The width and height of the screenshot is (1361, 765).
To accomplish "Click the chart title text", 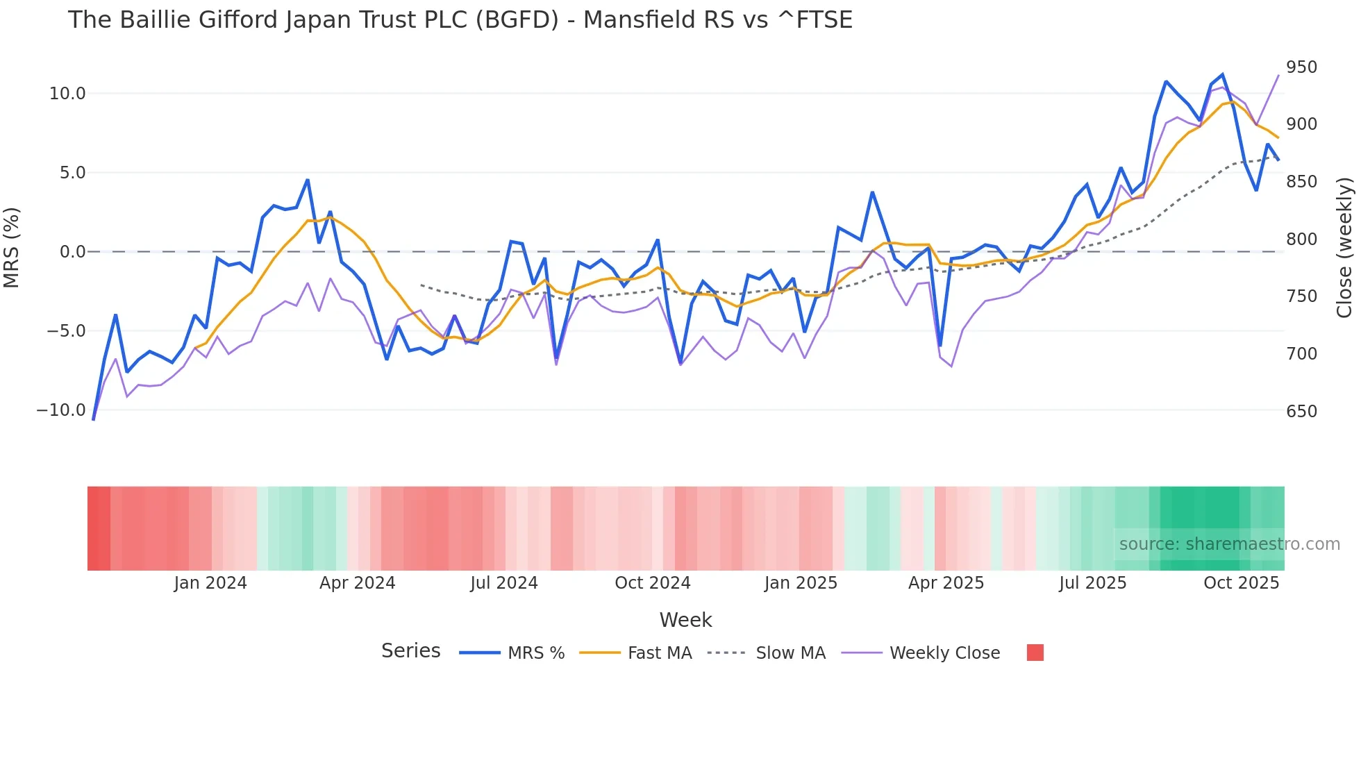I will [x=460, y=20].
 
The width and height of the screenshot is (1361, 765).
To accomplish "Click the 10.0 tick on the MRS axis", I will [x=67, y=94].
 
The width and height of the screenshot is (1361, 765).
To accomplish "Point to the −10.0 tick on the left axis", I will [x=61, y=410].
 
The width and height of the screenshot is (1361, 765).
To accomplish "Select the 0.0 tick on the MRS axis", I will [x=72, y=252].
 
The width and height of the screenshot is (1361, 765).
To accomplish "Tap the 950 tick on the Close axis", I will [x=1301, y=67].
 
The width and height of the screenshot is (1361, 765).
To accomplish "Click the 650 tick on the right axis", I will [x=1301, y=412].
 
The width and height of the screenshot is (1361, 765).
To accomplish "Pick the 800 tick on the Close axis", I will [x=1301, y=239].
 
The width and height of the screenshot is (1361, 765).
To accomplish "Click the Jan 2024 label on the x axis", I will [x=210, y=583].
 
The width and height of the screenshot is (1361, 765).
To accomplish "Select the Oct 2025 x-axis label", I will [x=1241, y=583].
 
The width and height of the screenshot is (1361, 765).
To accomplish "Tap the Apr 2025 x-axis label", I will [x=946, y=583].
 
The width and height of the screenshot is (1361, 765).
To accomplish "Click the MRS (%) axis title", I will [x=12, y=247].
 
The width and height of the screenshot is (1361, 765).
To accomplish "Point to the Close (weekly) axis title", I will [x=1345, y=247].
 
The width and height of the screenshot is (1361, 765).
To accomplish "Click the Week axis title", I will [x=685, y=620].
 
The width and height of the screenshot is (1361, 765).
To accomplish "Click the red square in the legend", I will [x=1035, y=653].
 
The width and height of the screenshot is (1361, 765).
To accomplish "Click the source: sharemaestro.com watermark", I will [x=1229, y=544].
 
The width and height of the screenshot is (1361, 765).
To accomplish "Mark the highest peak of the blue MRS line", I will [x=1222, y=74].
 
